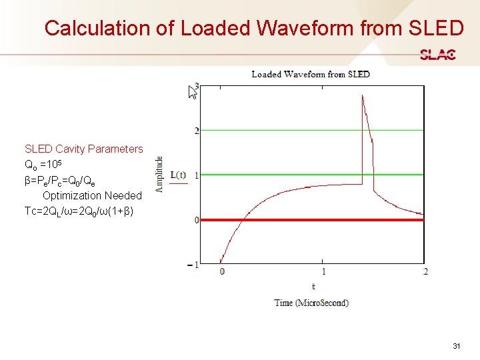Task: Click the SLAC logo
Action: point(437,55)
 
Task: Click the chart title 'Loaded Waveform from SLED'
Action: point(310,74)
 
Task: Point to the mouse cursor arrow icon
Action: point(192,92)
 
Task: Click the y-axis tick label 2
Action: point(196,131)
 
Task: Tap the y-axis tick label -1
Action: point(194,265)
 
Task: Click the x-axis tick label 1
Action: point(324,272)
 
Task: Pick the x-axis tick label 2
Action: point(425,272)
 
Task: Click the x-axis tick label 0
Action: point(222,272)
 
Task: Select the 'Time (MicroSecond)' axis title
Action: point(311,303)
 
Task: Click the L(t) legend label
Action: point(179,175)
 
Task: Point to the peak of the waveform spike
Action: point(362,95)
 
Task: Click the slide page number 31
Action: point(457,346)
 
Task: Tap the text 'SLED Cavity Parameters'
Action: point(84,149)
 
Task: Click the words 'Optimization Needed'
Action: point(92,195)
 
